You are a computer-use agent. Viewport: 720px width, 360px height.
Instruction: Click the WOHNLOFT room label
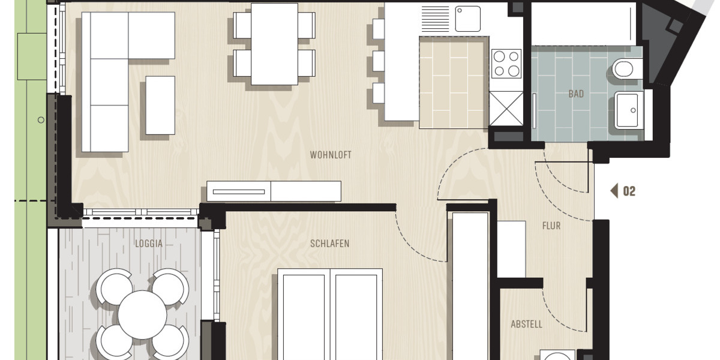tap(330, 155)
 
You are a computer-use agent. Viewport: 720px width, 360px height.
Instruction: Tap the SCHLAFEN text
tap(329, 244)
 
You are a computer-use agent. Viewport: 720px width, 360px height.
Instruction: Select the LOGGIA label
tap(149, 244)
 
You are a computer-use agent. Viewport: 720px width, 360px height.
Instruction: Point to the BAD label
tap(576, 94)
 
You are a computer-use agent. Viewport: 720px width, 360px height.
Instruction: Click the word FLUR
tap(551, 226)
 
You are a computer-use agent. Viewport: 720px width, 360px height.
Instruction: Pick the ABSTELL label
tap(526, 325)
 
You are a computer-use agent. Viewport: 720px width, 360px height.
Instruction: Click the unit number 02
tap(629, 191)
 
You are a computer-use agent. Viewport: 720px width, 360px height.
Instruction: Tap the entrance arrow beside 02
tap(614, 191)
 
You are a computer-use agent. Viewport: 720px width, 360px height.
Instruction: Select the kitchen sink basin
tap(467, 19)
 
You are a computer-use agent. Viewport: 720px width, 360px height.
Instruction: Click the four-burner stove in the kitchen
tap(506, 64)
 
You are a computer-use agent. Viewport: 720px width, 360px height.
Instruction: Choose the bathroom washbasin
tap(628, 110)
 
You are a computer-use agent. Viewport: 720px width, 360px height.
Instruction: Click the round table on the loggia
tap(142, 314)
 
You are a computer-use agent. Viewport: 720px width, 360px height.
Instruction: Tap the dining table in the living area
tap(274, 44)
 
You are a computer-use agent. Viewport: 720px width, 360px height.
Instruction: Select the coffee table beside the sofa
tap(160, 105)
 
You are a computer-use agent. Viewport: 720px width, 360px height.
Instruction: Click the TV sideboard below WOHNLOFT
tap(274, 191)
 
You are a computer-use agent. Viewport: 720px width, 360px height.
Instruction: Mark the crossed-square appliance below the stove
tap(506, 108)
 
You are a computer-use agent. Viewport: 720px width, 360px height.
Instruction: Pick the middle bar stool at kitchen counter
tap(378, 61)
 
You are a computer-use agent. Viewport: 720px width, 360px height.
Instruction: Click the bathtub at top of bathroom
tap(584, 24)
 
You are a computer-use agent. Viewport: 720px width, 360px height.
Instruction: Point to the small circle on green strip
tap(41, 120)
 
